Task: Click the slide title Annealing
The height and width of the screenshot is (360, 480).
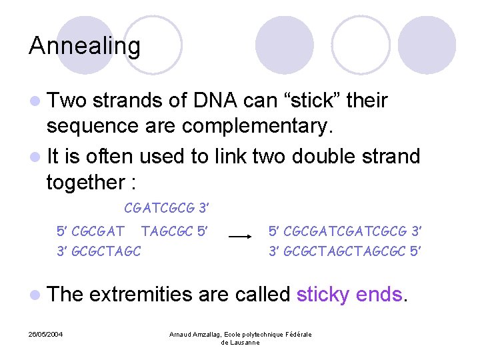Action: (85, 46)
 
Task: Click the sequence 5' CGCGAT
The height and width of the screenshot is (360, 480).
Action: (90, 232)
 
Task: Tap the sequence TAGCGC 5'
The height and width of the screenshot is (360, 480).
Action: (175, 232)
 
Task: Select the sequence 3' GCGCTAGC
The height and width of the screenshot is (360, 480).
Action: (98, 251)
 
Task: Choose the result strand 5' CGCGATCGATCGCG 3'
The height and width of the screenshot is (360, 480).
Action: (345, 232)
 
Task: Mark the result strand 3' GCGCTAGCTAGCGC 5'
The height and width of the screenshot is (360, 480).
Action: (345, 251)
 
